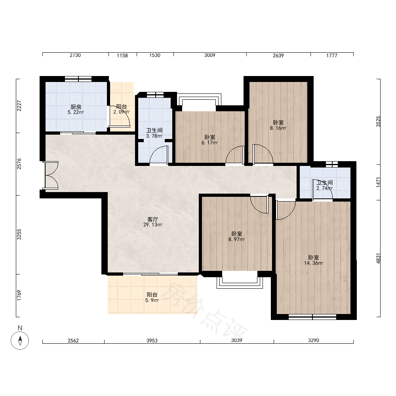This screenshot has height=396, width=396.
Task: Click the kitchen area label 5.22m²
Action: click(x=76, y=112)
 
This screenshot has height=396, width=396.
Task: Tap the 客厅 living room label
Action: click(x=153, y=219)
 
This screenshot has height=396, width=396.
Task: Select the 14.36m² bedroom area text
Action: click(x=313, y=263)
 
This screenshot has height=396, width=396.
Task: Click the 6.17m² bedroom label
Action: click(x=209, y=143)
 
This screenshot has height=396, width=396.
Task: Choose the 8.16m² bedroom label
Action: click(x=278, y=128)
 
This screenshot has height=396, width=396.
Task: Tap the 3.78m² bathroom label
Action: click(x=154, y=136)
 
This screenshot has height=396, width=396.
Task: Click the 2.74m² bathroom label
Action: click(x=325, y=188)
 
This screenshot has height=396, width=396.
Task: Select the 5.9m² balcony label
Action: click(x=152, y=301)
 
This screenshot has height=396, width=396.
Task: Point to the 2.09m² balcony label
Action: click(x=121, y=112)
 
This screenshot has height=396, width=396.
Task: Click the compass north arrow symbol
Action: click(x=20, y=341)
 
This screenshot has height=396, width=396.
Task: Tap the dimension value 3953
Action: click(x=152, y=341)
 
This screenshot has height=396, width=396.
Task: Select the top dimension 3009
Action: click(x=209, y=55)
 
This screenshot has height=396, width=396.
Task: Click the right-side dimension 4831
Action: click(x=378, y=259)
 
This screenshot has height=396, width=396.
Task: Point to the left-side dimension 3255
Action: click(x=19, y=234)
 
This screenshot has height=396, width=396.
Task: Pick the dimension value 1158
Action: click(x=122, y=55)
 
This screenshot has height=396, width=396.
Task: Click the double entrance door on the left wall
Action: click(x=51, y=175)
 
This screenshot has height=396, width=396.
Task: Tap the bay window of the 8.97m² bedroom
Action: click(x=240, y=280)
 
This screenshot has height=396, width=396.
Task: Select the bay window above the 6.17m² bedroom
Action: click(x=199, y=100)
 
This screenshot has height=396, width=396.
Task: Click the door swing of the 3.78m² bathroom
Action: click(x=159, y=154)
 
